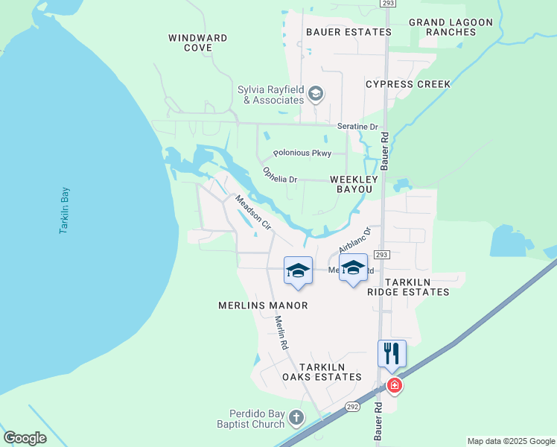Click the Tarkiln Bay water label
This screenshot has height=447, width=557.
tap(65, 211)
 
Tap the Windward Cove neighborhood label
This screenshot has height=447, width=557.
tap(197, 42)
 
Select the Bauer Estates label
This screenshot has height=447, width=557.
tap(348, 32)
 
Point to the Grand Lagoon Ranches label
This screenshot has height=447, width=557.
tap(451, 27)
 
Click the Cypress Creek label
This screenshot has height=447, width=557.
tap(408, 84)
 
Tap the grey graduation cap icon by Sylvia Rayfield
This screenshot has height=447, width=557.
tap(316, 93)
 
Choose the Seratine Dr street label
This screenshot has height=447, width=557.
tap(358, 127)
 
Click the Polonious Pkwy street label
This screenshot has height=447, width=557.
tap(302, 153)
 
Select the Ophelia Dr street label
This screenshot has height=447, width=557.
tap(280, 175)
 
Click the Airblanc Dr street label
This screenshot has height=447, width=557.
tap(354, 240)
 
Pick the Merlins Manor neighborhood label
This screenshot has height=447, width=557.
tap(263, 305)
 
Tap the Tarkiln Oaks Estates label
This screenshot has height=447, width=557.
tap(322, 372)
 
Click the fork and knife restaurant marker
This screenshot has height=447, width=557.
tap(391, 352)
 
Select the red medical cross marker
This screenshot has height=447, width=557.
tap(394, 386)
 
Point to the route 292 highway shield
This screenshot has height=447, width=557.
tap(352, 407)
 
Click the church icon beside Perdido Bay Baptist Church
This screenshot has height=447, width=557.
tap(296, 417)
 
